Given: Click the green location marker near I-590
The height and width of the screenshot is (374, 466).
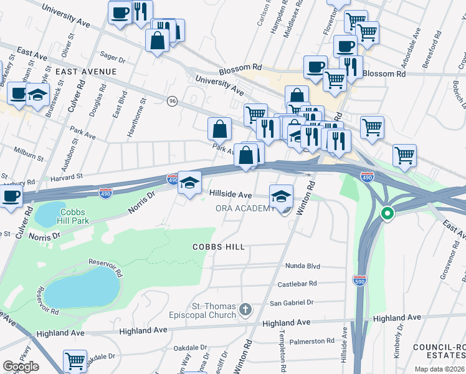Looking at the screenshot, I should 387,214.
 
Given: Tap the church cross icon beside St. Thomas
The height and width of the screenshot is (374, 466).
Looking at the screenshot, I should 246,309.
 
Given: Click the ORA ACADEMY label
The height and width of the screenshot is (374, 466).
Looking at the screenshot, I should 245,208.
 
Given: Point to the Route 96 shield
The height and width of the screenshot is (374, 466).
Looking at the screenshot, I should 172,100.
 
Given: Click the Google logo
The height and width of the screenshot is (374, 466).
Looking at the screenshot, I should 21,367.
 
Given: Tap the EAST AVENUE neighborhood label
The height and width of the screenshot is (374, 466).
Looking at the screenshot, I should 86,72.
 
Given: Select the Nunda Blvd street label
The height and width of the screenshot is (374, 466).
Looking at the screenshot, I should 302,266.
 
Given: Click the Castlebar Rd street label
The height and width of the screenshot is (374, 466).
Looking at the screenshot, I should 297,284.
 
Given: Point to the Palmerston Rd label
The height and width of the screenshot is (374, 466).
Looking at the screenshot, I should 314,341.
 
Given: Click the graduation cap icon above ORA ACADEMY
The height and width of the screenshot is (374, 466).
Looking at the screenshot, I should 282,196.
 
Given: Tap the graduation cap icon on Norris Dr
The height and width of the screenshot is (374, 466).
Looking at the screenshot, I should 190,182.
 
